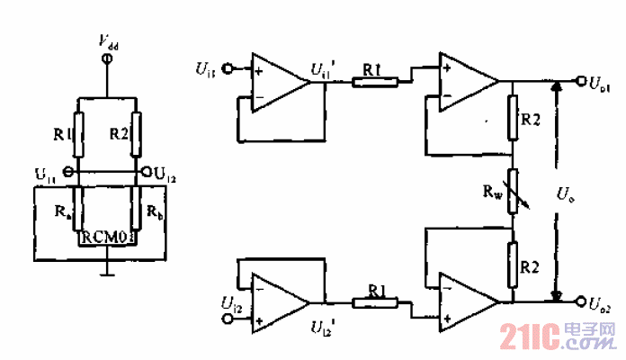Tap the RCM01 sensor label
pyautogui.click(x=107, y=237)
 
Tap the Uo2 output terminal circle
pyautogui.click(x=581, y=301)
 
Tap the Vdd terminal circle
pyautogui.click(x=107, y=58)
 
